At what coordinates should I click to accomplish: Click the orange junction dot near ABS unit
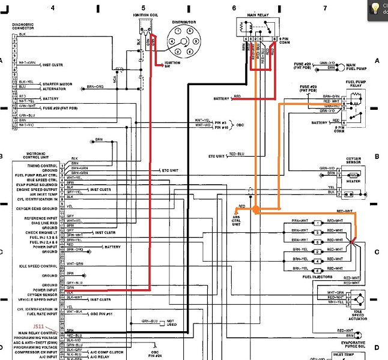(255, 210)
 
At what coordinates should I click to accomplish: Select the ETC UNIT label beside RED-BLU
(217, 157)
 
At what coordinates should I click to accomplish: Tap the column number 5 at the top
(143, 7)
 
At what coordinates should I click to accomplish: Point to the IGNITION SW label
(172, 64)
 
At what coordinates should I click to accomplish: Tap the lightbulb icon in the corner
(375, 7)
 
